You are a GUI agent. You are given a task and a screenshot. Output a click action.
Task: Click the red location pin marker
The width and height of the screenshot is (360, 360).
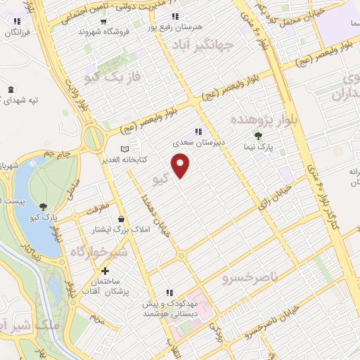(182, 165)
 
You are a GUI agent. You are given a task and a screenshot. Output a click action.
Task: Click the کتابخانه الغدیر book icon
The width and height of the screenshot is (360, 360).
(125, 150)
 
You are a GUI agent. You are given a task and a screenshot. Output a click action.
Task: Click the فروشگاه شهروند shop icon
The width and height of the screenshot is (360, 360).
(103, 21)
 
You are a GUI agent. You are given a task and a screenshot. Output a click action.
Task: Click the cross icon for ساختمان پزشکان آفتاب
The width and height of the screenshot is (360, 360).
(105, 271)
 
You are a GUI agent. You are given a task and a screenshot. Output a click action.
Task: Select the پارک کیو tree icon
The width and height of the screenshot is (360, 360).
(44, 206)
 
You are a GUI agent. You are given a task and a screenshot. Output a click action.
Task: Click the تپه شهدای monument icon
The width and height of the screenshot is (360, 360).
(11, 89)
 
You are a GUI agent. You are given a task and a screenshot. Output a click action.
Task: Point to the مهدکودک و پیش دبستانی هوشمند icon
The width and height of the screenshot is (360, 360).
(169, 292)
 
